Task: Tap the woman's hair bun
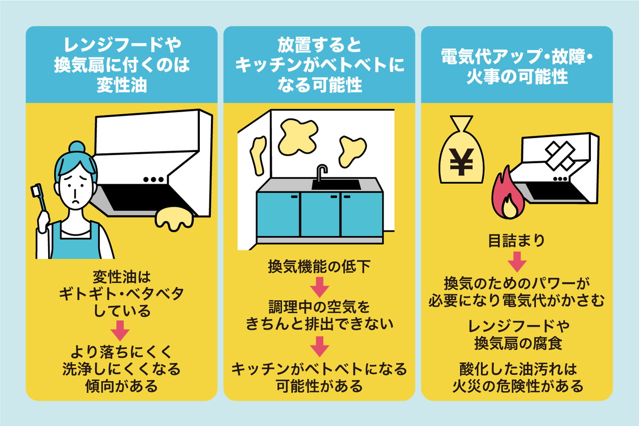[77, 148]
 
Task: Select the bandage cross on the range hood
[560, 156]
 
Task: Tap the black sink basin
[336, 185]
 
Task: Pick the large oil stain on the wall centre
[297, 137]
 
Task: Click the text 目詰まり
[517, 240]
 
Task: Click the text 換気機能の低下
[319, 267]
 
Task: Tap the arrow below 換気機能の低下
[319, 287]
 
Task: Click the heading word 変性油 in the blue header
[122, 85]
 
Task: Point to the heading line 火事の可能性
[517, 77]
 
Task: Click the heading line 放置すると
[319, 45]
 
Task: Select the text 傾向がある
[122, 386]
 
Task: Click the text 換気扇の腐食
[518, 343]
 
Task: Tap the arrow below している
[120, 331]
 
